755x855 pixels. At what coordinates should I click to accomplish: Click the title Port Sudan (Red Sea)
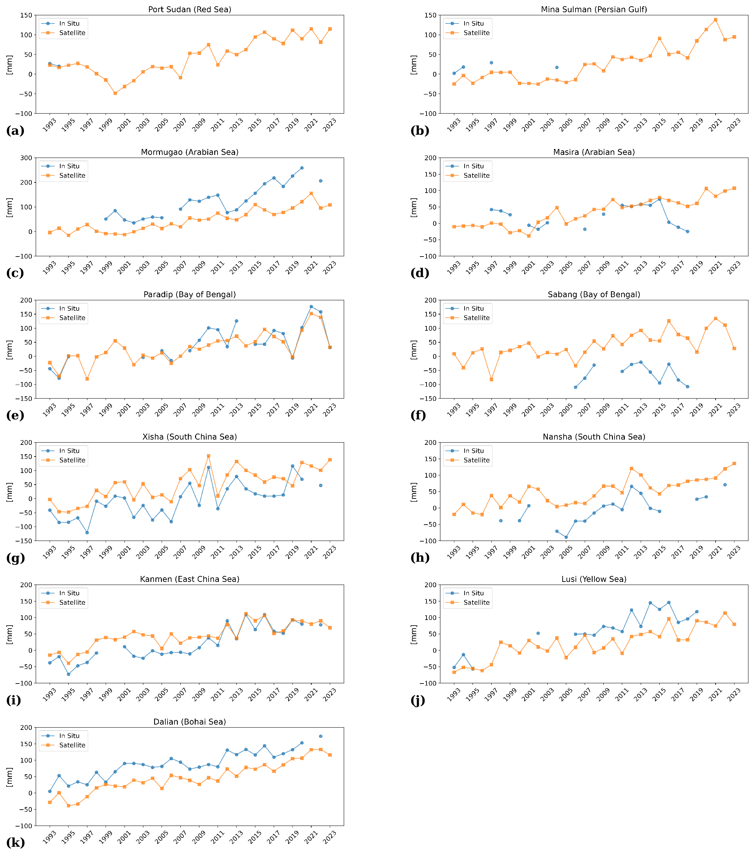(190, 9)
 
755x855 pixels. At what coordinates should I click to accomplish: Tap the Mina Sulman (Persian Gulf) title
(593, 9)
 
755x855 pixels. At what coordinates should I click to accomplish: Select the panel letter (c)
(15, 273)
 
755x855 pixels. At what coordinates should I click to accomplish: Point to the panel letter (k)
(15, 842)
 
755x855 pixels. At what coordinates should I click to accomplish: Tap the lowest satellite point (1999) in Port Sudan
(115, 93)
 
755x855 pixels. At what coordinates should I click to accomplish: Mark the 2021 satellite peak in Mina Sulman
(715, 20)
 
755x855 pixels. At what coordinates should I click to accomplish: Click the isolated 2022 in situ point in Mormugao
(321, 181)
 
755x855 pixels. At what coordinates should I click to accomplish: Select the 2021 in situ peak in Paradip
(311, 307)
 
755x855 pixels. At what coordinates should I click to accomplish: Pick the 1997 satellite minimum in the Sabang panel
(491, 379)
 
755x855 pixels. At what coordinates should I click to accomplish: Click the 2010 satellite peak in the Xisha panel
(208, 456)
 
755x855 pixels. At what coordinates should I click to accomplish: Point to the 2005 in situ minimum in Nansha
(566, 538)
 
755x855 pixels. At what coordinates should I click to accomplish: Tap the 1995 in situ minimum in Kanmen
(68, 674)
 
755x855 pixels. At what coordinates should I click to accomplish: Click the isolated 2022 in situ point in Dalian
(321, 736)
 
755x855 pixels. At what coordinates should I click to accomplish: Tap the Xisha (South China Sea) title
(190, 437)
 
